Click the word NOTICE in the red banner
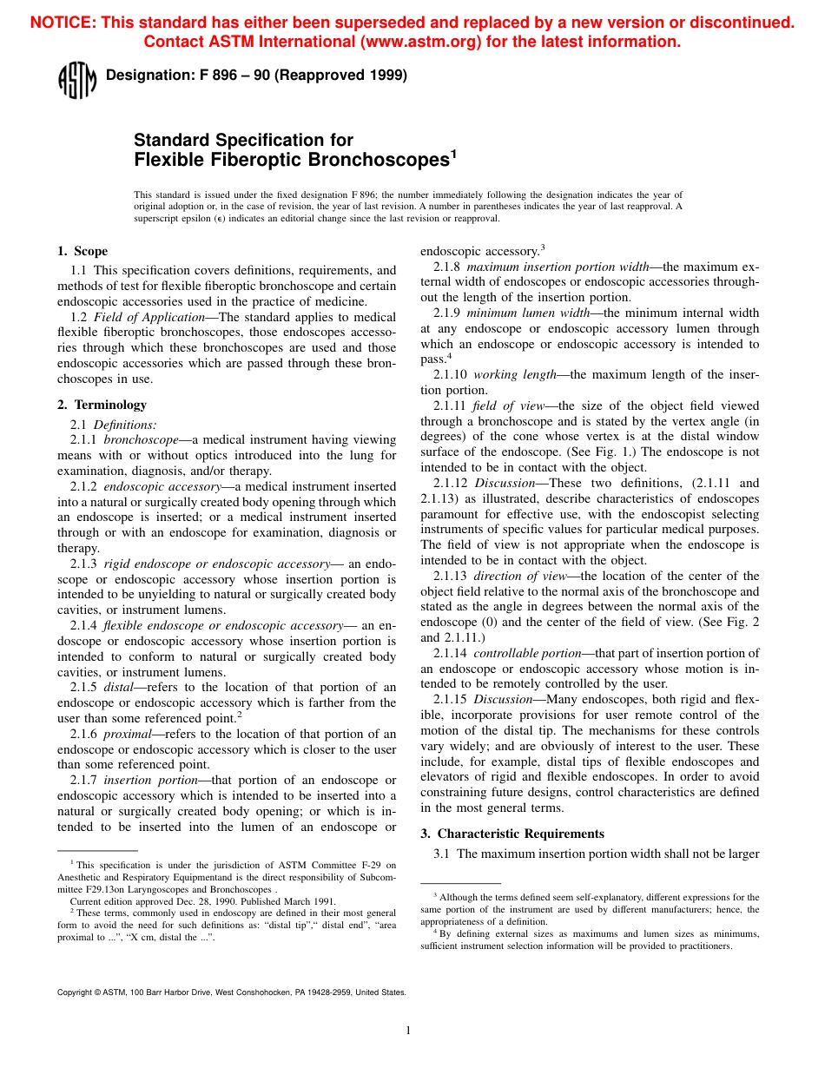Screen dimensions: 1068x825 tap(62, 23)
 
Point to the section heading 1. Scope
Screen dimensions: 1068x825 tap(82, 252)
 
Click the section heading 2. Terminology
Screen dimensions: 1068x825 tap(102, 405)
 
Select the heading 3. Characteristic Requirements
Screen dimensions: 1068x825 tap(512, 834)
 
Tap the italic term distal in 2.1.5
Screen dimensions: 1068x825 tap(120, 687)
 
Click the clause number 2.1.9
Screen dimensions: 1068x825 tap(447, 313)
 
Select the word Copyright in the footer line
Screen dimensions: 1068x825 tap(73, 992)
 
